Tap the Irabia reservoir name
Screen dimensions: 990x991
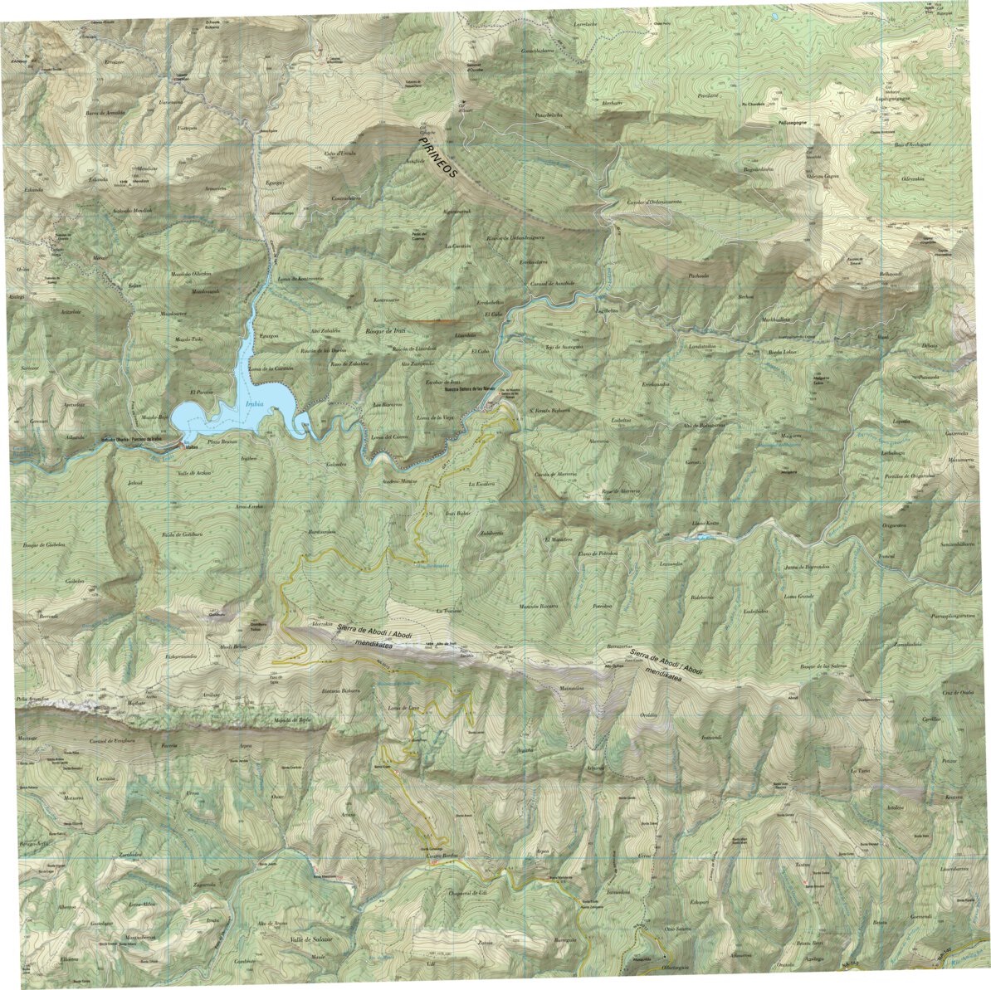(255, 404)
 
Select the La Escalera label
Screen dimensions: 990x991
(481, 483)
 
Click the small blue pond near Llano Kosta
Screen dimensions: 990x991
(704, 537)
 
